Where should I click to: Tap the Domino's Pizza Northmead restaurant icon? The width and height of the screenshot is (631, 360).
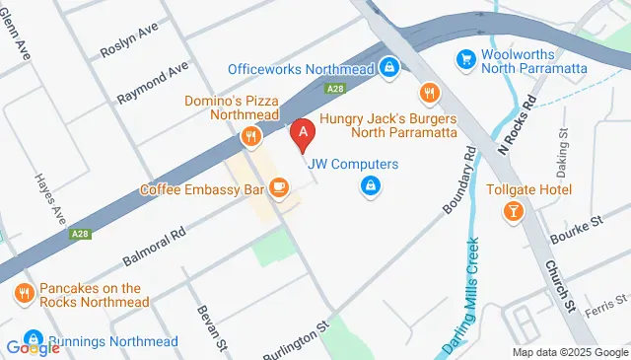pos(251,137)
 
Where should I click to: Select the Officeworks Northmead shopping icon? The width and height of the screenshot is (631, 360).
pos(390,68)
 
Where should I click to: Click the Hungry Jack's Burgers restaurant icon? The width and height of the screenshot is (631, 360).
pos(428,94)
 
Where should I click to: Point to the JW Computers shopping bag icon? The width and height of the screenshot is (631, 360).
pos(371,184)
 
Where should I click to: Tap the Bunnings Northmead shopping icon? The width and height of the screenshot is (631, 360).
pos(35,338)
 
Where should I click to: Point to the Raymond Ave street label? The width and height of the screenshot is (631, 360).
pos(152,85)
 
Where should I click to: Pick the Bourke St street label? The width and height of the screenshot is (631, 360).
pos(581,225)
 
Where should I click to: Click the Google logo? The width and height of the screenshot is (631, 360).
pos(33,347)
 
